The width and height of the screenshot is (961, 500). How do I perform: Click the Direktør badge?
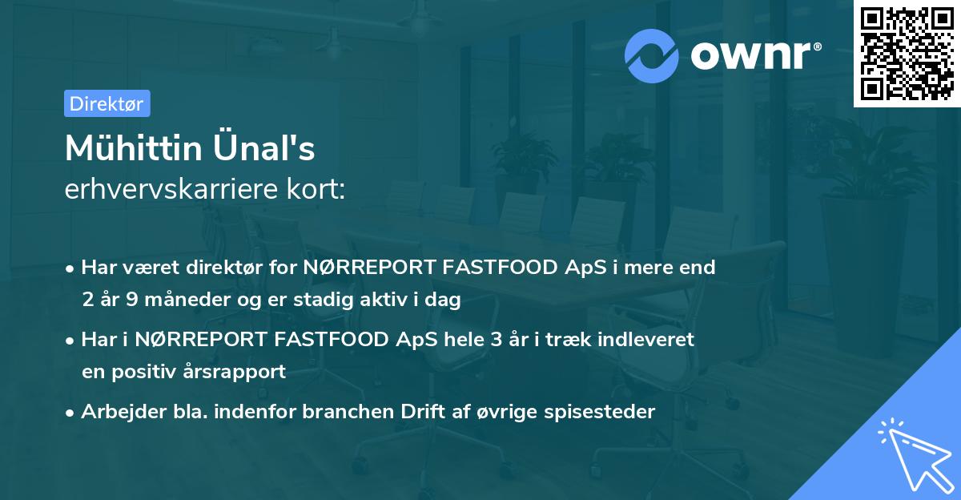coord(107,103)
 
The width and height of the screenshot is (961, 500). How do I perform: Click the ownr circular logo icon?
coord(652,55)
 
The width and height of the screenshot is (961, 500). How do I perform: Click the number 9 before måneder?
coord(133,300)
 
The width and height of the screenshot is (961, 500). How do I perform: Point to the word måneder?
coord(185,300)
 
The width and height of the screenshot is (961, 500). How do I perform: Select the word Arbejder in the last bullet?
coord(117,412)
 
